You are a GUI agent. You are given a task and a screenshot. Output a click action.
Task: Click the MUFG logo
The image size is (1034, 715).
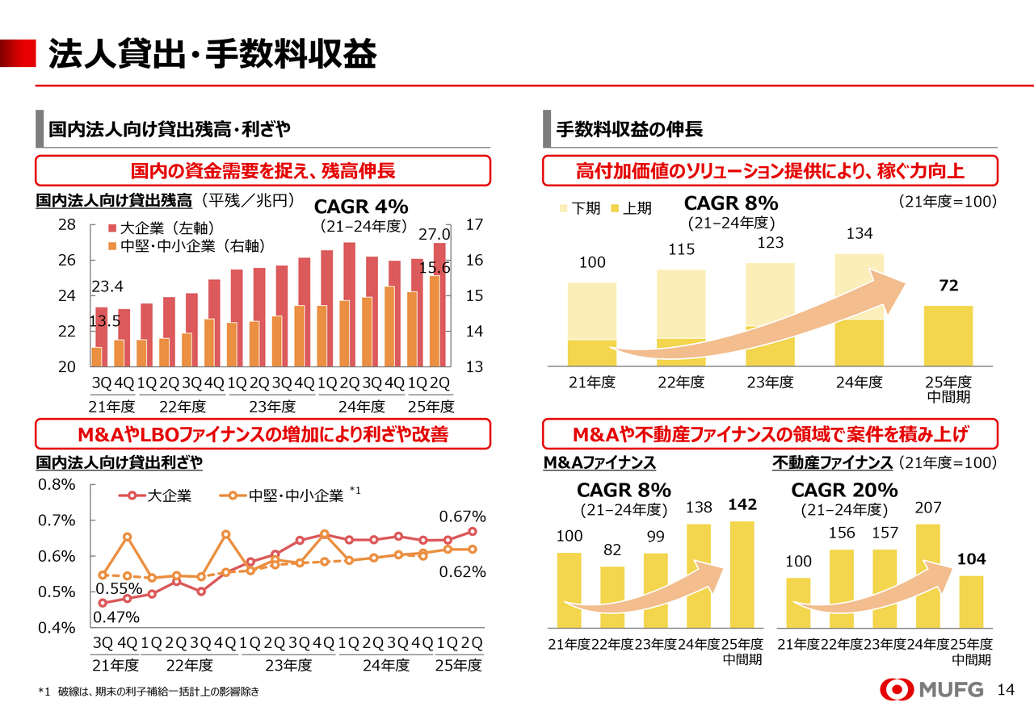[931, 690]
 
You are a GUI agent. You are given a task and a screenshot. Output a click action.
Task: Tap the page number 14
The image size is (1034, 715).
[1006, 690]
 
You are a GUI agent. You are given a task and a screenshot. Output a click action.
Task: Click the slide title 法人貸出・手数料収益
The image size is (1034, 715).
[212, 54]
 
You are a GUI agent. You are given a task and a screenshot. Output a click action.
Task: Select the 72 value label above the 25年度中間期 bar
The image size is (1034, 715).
[948, 287]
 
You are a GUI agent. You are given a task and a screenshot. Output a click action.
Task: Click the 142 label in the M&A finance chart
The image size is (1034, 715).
[742, 505]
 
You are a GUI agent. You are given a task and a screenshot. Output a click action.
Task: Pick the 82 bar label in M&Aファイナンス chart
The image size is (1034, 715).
[612, 550]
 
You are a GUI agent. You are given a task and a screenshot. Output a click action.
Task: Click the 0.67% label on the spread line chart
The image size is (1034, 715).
[462, 516]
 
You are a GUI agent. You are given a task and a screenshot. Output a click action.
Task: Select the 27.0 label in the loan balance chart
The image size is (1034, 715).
[434, 234]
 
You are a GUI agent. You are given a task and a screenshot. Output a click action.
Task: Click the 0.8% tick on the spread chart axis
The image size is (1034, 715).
[57, 485]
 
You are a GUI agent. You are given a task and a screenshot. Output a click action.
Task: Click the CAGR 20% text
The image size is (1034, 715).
[844, 491]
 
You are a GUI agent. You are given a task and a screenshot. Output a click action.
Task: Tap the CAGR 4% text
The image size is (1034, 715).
[360, 207]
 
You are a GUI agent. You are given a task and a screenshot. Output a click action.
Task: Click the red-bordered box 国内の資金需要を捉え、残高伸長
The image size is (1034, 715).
[263, 171]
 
